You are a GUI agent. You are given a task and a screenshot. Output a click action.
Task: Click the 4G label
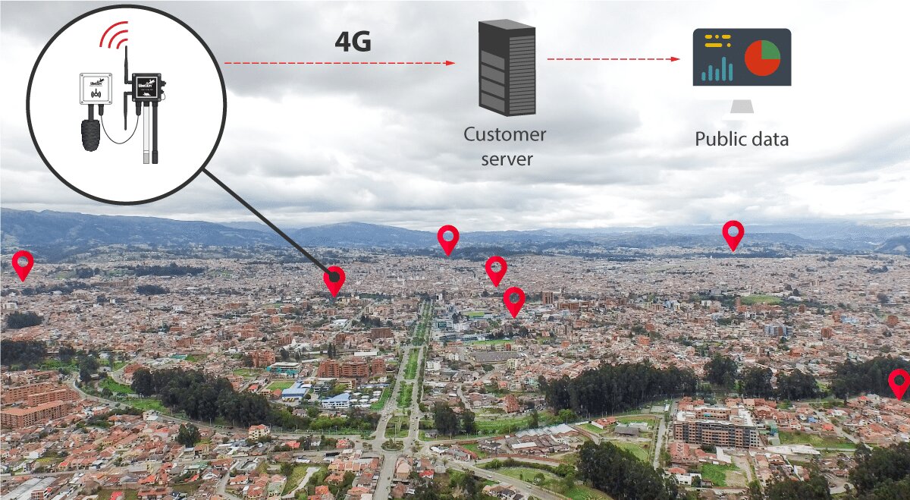point(353,42)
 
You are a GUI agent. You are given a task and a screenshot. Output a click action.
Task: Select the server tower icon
point(507,68)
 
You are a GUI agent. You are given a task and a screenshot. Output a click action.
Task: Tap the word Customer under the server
point(504,135)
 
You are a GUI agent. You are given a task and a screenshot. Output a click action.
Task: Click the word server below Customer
point(507,159)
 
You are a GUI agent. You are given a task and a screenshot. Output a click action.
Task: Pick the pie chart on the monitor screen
point(762,58)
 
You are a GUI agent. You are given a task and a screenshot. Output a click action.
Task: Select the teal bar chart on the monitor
point(717,68)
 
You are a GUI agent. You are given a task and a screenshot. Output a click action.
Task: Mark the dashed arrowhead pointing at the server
point(450,63)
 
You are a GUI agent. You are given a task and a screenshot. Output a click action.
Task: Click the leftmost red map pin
point(24,265)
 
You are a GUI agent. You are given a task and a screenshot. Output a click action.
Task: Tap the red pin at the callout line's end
point(334,281)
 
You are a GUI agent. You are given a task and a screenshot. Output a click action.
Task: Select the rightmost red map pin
point(899,383)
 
